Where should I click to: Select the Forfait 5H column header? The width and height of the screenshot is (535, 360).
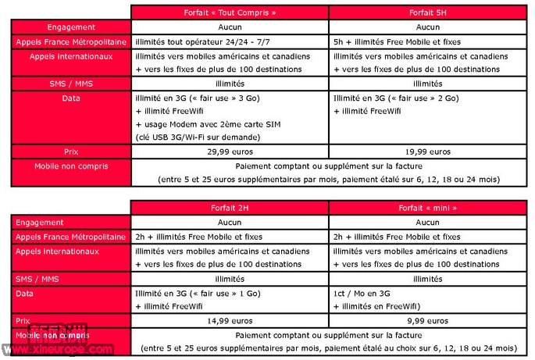[427, 12]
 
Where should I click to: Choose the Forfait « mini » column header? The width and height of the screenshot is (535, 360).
[427, 208]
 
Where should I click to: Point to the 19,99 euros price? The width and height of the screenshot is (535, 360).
[427, 151]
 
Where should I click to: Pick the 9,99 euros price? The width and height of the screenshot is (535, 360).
[427, 320]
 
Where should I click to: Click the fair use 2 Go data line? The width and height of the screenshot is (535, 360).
[395, 98]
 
